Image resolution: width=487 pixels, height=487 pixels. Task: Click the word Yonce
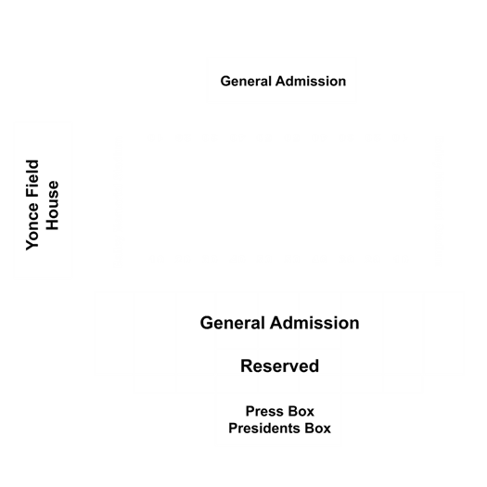point(32,226)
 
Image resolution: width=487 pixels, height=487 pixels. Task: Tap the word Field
point(32,179)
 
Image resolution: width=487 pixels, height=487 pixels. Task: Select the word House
point(52,205)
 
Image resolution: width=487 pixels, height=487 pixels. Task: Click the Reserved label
point(279,365)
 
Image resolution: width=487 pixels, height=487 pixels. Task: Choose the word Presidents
point(264,429)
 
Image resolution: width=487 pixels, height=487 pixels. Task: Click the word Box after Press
point(301,411)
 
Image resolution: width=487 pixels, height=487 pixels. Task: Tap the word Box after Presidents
point(318,429)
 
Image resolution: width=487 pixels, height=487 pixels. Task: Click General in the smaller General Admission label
point(246,82)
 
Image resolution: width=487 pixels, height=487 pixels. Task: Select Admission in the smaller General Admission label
point(311,82)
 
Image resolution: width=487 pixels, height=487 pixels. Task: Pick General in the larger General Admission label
point(233,323)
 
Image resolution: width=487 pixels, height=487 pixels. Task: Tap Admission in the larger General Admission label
point(314,323)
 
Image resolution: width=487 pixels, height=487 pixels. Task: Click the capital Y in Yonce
point(32,245)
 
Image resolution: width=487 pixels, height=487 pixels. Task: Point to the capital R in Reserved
point(247,365)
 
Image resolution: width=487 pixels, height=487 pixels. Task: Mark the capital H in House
point(52,224)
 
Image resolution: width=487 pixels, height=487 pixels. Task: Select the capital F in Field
point(32,193)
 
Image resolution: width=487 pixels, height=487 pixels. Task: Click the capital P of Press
point(250,411)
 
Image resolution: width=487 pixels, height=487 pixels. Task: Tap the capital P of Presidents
point(233,429)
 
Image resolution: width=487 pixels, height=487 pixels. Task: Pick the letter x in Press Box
point(311,413)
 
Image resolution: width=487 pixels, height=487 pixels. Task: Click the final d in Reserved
point(314,365)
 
